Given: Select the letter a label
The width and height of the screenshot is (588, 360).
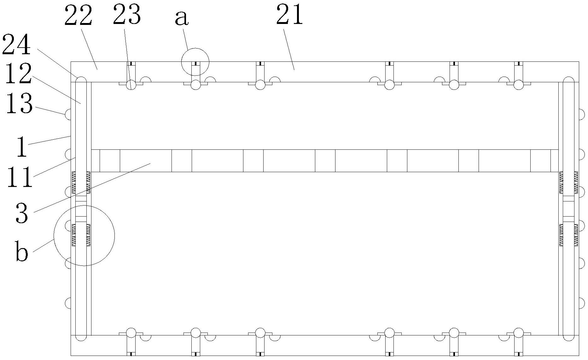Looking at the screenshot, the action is coord(182,18).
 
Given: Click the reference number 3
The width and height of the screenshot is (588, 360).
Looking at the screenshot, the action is coord(22,213).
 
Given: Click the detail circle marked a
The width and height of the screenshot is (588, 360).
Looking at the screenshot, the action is coord(195,62).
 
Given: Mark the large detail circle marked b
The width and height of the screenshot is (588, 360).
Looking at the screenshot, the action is coord(84,235).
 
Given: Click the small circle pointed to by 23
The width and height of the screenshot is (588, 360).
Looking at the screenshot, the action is coord(131,85).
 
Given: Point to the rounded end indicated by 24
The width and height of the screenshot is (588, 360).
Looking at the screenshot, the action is coord(81,79).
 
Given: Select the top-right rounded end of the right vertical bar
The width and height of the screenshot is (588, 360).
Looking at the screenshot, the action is coord(568,79).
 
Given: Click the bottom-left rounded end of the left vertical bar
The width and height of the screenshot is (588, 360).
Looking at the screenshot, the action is coord(81,337).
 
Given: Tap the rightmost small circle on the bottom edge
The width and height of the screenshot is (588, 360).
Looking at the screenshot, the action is coord(518,333).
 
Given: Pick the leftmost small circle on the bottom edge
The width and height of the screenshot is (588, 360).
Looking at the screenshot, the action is coord(131,333).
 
